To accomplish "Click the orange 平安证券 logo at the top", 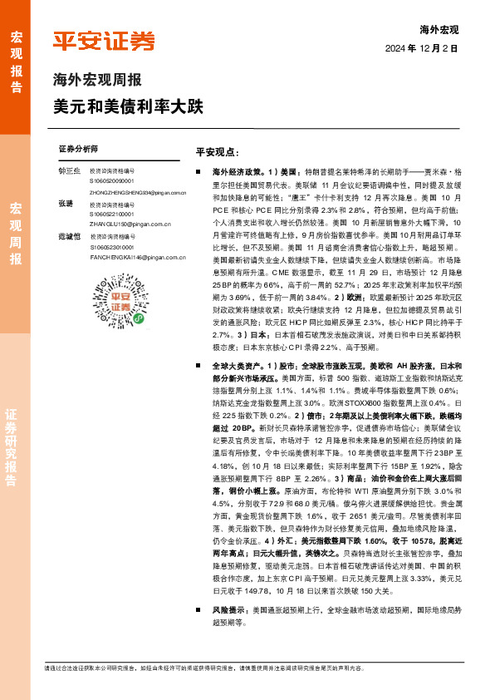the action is [104, 41].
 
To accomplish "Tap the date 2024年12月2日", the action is [422, 48].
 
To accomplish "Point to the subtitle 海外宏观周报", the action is [97, 81].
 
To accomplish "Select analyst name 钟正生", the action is [70, 170].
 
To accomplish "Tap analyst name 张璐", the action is [66, 203].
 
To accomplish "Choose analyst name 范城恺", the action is [70, 237].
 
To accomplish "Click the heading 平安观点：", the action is [217, 152].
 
